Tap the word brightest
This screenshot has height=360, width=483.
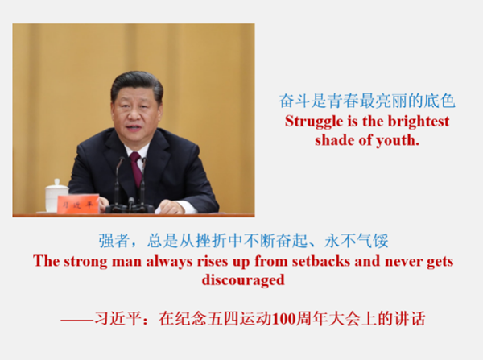419,121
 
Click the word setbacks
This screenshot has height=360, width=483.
321,261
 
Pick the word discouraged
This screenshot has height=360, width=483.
243,280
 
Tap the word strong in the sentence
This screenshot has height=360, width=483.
86,262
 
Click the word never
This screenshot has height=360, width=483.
404,262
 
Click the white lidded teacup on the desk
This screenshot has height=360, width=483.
56,196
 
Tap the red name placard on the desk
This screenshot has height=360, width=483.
78,204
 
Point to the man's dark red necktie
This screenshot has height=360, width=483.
137,168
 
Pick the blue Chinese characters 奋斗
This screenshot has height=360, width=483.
295,101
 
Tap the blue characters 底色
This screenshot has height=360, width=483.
440,101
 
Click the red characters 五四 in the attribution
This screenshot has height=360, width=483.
223,319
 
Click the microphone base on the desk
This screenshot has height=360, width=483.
130,209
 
